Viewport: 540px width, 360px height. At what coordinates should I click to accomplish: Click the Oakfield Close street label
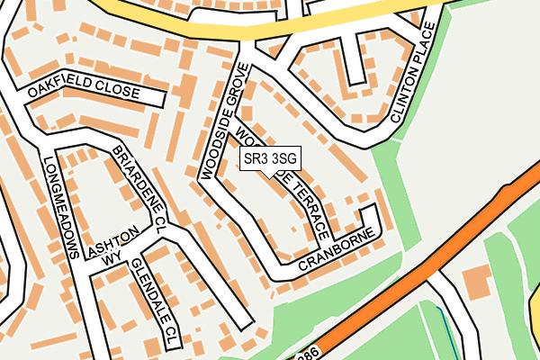[x=83, y=92]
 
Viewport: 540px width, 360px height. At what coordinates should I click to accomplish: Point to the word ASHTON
[x=113, y=241]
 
